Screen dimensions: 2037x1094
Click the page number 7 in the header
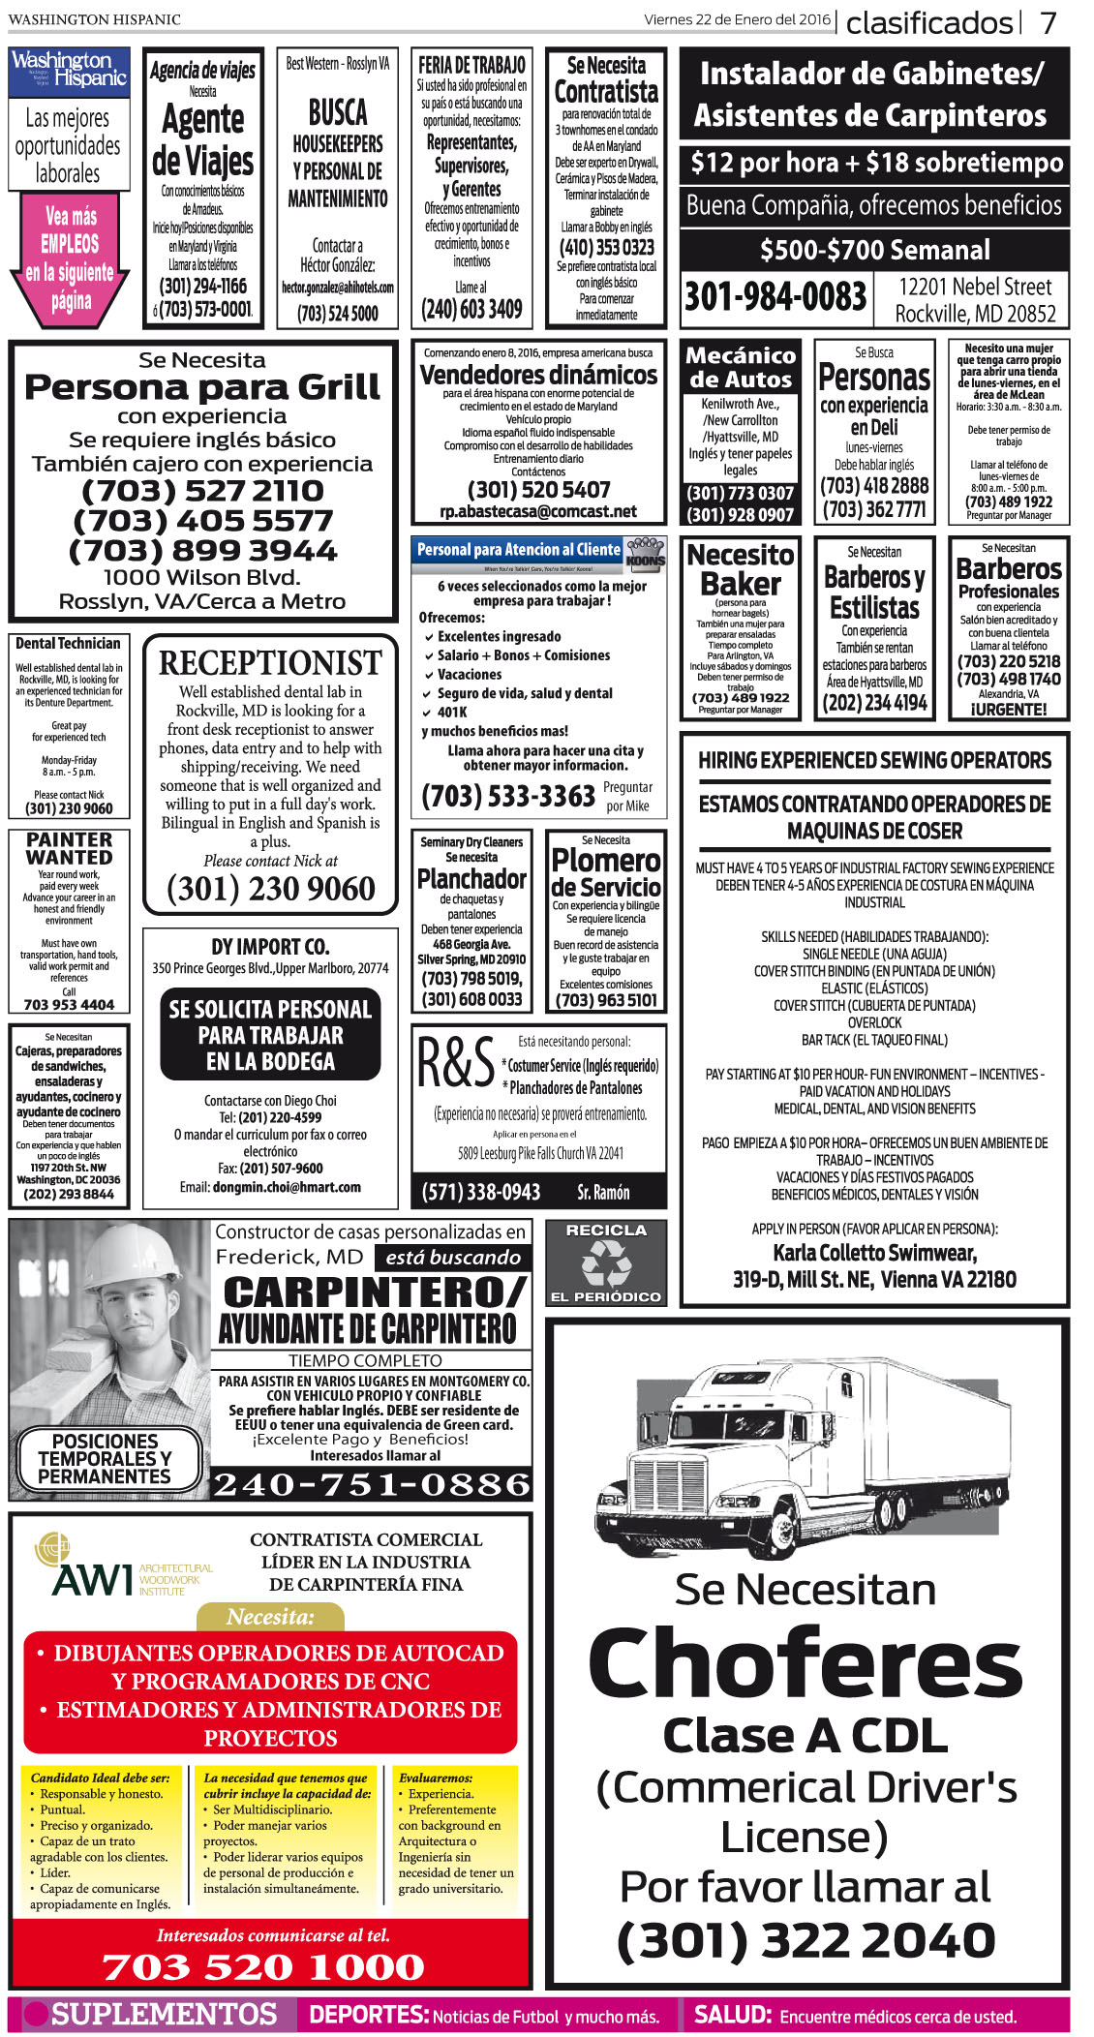click(x=1048, y=22)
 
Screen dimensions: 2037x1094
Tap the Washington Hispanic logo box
click(x=69, y=73)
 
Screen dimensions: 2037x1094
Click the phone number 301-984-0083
click(x=775, y=296)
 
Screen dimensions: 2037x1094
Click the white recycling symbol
click(x=606, y=1264)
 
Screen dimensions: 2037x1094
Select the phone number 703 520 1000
click(x=263, y=1966)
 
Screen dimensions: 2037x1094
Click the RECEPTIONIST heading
click(x=270, y=663)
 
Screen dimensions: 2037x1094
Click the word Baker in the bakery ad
click(x=741, y=584)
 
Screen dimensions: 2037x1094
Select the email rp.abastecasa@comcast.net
click(x=538, y=511)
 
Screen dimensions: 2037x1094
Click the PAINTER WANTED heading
click(x=69, y=848)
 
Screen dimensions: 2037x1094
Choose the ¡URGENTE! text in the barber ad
click(x=1009, y=709)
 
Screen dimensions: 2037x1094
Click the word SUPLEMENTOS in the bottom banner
click(x=164, y=2015)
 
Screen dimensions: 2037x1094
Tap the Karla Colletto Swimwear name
click(x=874, y=1253)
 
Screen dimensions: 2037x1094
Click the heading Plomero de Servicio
click(x=606, y=872)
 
